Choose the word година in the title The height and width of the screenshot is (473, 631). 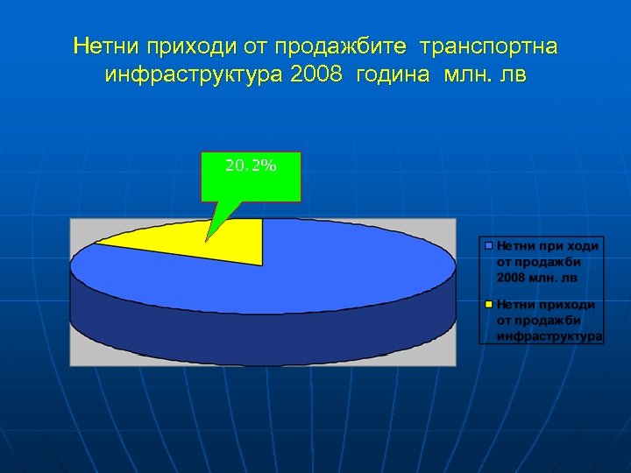(x=393, y=74)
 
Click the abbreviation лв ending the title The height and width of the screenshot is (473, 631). (x=514, y=74)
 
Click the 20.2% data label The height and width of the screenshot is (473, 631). (x=251, y=165)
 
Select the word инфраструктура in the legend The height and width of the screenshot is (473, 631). (x=549, y=335)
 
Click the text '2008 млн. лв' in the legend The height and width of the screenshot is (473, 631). (x=536, y=278)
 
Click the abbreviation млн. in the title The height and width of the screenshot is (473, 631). (x=470, y=74)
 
